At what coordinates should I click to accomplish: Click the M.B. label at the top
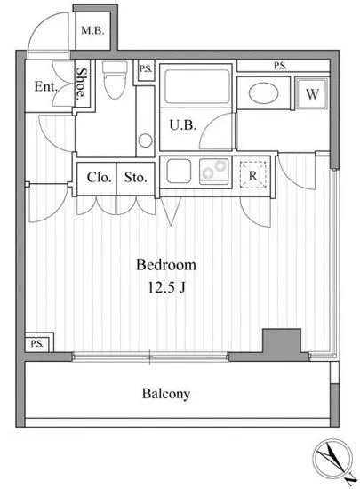point(92,30)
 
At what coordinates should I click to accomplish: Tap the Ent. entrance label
point(46,86)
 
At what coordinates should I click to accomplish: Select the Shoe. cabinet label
point(82,84)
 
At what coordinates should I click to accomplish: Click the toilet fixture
point(115,79)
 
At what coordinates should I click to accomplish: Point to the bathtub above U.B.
point(197,86)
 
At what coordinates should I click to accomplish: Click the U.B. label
point(183,125)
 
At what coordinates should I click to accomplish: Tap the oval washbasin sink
point(264,92)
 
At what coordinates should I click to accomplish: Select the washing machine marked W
point(312,93)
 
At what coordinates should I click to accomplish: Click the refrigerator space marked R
point(252,175)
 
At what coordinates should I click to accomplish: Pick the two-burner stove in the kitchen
point(214,172)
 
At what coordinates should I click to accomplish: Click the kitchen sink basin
point(179,172)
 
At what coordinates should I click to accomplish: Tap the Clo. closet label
point(100,178)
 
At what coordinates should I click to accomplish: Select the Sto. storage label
point(136,178)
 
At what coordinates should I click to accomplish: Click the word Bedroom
point(166,265)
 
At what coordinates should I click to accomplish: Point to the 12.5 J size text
point(166,287)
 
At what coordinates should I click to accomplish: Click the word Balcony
point(166,394)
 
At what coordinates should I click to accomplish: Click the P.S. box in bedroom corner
point(37,344)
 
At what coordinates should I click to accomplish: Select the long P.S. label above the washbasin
point(280,66)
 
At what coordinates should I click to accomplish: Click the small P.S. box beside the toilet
point(146,69)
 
